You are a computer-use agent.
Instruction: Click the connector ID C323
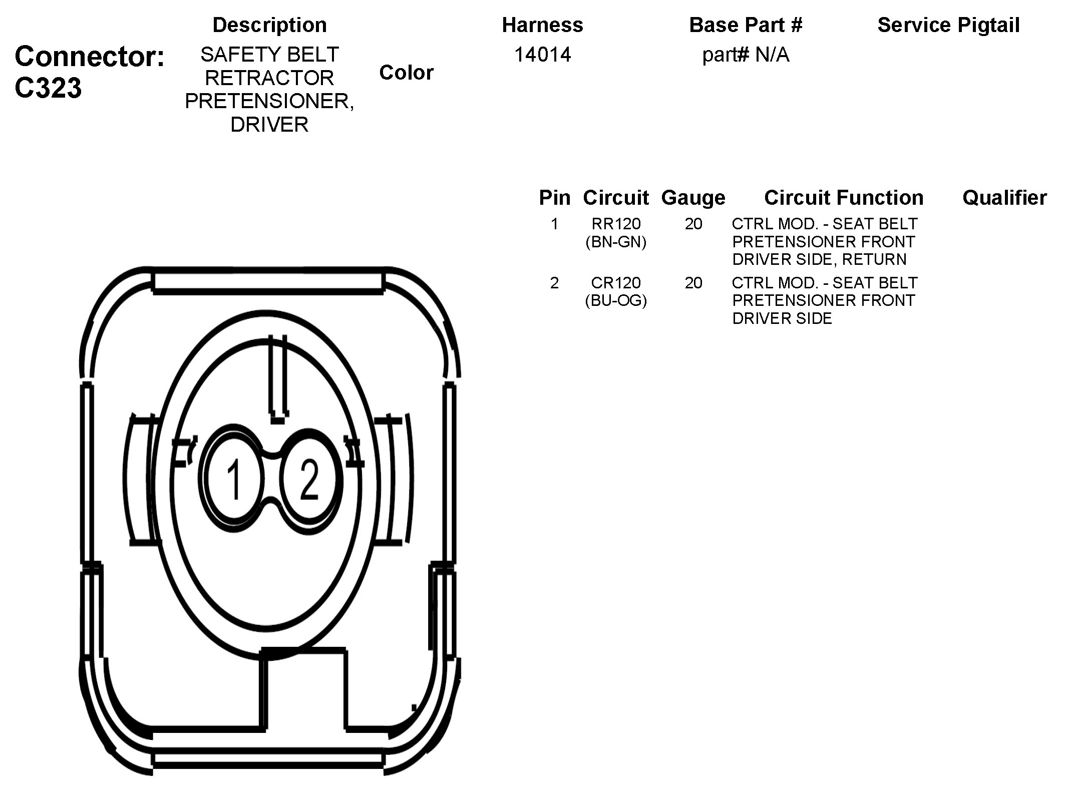coord(48,88)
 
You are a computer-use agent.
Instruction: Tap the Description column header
coord(269,25)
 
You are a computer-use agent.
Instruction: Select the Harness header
coord(542,25)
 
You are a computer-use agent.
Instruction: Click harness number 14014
coord(542,55)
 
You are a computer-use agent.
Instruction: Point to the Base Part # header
coord(746,25)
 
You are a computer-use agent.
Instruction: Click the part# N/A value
coord(746,55)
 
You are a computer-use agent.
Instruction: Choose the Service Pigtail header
coord(948,25)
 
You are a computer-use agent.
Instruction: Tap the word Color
coord(406,73)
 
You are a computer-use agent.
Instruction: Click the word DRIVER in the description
coord(269,125)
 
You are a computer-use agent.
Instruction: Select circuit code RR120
coord(616,224)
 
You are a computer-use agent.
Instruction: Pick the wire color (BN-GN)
coord(616,242)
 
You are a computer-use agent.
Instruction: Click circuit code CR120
coord(616,283)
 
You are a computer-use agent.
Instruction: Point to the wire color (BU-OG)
coord(616,301)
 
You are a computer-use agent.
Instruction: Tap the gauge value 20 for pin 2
coord(693,283)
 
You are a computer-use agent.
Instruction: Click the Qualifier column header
coord(1004,198)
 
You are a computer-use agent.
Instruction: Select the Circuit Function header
coord(844,198)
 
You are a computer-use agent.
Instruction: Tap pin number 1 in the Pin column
coord(554,224)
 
